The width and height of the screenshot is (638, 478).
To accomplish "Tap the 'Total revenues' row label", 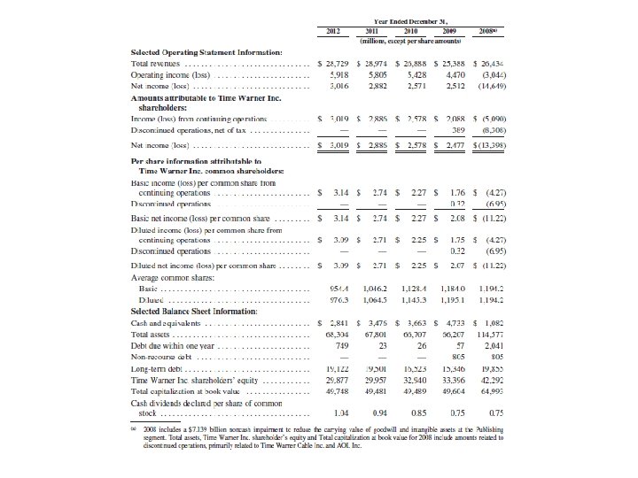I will click(152, 65).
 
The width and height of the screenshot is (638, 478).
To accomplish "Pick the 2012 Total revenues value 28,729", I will click(336, 65).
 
